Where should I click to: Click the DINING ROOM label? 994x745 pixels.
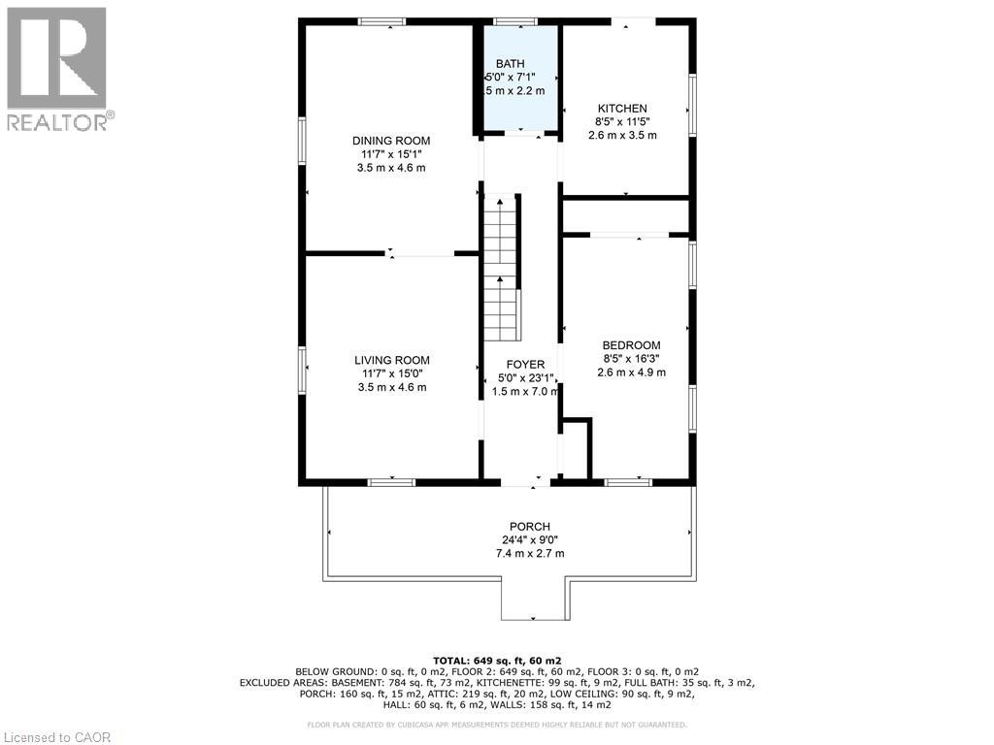[x=391, y=141]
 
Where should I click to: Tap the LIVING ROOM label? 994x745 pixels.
[x=391, y=360]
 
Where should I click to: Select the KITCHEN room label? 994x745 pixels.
[x=622, y=109]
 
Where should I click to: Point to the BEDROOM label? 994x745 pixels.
[x=631, y=345]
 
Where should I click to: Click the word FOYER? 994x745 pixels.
[x=524, y=365]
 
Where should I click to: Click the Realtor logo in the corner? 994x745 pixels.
[x=57, y=69]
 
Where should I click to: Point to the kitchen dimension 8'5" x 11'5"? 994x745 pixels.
[x=622, y=122]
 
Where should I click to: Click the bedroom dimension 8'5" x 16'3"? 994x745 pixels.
[x=631, y=359]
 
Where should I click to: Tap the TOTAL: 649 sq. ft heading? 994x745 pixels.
[x=497, y=659]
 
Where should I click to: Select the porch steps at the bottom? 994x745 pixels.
[x=532, y=601]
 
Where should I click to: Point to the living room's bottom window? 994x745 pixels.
[x=391, y=481]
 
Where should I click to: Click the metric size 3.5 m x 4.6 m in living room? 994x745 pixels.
[x=391, y=387]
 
